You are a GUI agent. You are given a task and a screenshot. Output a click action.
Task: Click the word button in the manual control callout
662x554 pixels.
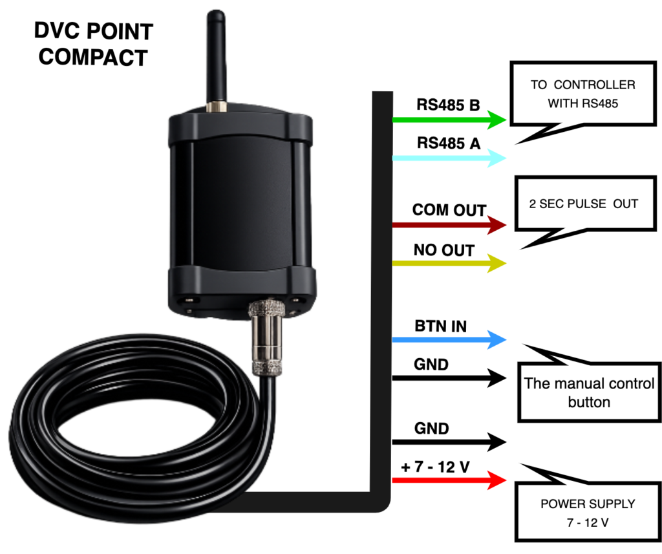(589, 402)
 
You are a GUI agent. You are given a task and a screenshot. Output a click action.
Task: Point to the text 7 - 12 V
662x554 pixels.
(588, 522)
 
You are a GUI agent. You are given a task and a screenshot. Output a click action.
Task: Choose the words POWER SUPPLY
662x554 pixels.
(588, 504)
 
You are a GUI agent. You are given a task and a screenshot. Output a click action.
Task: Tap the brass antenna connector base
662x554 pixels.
(215, 105)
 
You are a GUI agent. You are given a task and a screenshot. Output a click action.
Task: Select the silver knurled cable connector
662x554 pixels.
(265, 336)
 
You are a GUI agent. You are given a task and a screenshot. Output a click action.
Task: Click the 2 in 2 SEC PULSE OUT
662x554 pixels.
(532, 204)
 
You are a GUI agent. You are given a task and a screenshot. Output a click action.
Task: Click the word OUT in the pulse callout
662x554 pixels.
(626, 204)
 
